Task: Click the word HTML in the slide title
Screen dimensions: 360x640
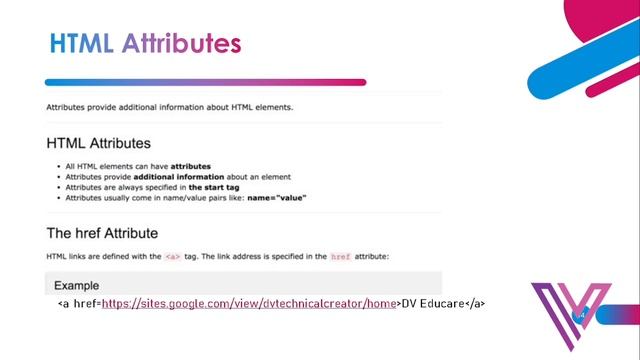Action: coord(81,44)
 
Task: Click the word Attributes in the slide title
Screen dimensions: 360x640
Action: coord(181,44)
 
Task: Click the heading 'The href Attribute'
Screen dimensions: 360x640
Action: coord(102,234)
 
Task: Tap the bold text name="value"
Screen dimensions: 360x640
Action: coord(272,198)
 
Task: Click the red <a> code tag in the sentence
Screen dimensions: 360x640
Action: coord(174,257)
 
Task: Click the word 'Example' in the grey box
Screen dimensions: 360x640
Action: coord(76,285)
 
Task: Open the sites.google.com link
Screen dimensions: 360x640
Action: coord(249,302)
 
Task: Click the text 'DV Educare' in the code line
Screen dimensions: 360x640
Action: coord(433,302)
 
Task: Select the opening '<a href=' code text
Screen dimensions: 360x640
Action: coord(79,302)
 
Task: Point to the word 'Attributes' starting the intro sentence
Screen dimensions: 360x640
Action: coord(65,107)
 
